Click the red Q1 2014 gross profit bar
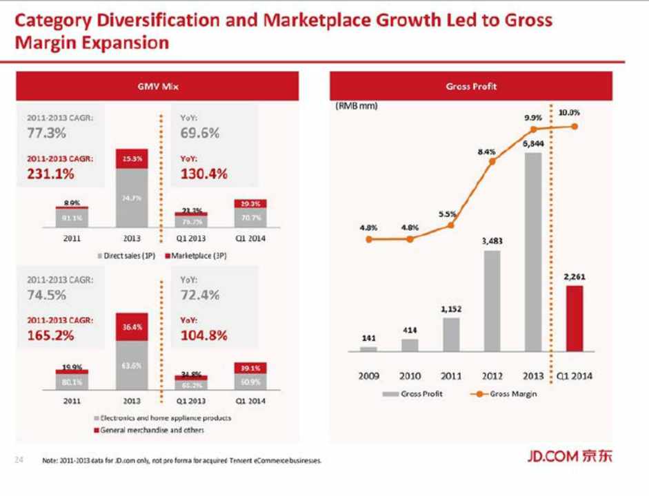click(574, 318)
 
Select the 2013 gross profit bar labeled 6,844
click(532, 251)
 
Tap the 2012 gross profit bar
click(492, 300)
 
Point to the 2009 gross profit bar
click(368, 349)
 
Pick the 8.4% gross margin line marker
click(492, 162)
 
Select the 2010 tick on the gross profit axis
click(410, 376)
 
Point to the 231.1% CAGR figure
click(50, 174)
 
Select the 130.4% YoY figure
click(203, 174)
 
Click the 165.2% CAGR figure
click(50, 336)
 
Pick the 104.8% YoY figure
click(203, 336)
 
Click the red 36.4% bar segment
click(132, 327)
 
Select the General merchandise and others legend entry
click(149, 429)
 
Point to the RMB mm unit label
click(357, 107)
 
